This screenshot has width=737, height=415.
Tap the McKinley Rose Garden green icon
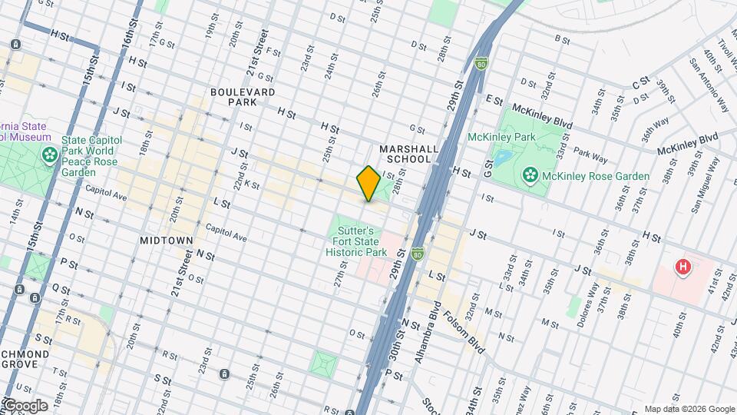coord(530,177)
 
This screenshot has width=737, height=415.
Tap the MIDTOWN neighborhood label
coord(166,241)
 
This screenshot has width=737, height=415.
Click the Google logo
coord(25,405)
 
